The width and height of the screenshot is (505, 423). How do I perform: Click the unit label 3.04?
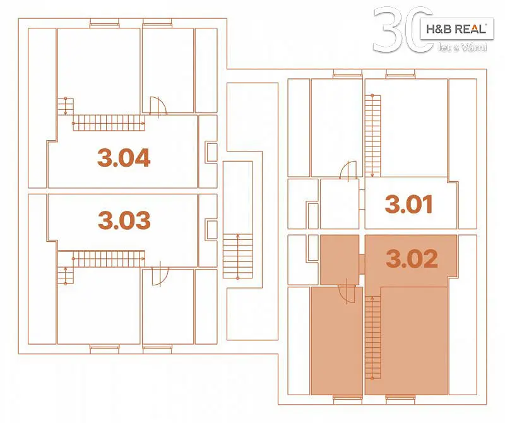[x=124, y=158]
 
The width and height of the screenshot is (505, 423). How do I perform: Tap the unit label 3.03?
[x=124, y=220]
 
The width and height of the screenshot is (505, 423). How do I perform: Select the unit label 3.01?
[x=408, y=205]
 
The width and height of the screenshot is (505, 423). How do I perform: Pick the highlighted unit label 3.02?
[x=412, y=259]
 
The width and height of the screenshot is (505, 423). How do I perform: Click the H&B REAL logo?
[x=456, y=29]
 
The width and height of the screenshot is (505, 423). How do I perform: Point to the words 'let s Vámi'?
[x=463, y=48]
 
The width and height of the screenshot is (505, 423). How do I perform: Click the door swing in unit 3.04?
[x=158, y=105]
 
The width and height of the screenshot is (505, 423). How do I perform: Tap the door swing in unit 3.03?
[x=160, y=277]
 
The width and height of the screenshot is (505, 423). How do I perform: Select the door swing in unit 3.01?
[x=348, y=170]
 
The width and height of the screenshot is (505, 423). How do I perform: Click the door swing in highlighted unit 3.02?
[x=347, y=294]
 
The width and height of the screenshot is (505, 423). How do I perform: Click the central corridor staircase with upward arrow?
[x=238, y=256]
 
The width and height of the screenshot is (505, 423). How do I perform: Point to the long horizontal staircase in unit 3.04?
[x=109, y=123]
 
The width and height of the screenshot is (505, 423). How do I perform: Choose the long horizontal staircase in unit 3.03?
[x=109, y=259]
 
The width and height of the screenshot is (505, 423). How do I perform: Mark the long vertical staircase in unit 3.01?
[x=372, y=136]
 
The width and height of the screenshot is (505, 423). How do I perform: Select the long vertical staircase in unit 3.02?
[x=373, y=337]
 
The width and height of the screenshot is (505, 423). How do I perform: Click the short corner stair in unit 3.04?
[x=66, y=107]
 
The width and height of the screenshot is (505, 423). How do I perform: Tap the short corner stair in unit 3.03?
[x=66, y=275]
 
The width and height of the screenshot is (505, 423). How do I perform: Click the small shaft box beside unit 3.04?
[x=211, y=152]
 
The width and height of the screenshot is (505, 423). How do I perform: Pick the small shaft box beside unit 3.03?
[x=211, y=230]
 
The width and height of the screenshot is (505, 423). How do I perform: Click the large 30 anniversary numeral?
[x=403, y=30]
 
